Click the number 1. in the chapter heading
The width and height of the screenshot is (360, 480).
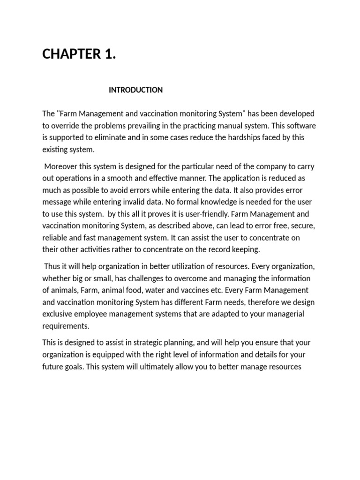click(x=109, y=54)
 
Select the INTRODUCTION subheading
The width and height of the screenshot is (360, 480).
click(x=135, y=90)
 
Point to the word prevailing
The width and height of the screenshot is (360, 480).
click(x=151, y=126)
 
